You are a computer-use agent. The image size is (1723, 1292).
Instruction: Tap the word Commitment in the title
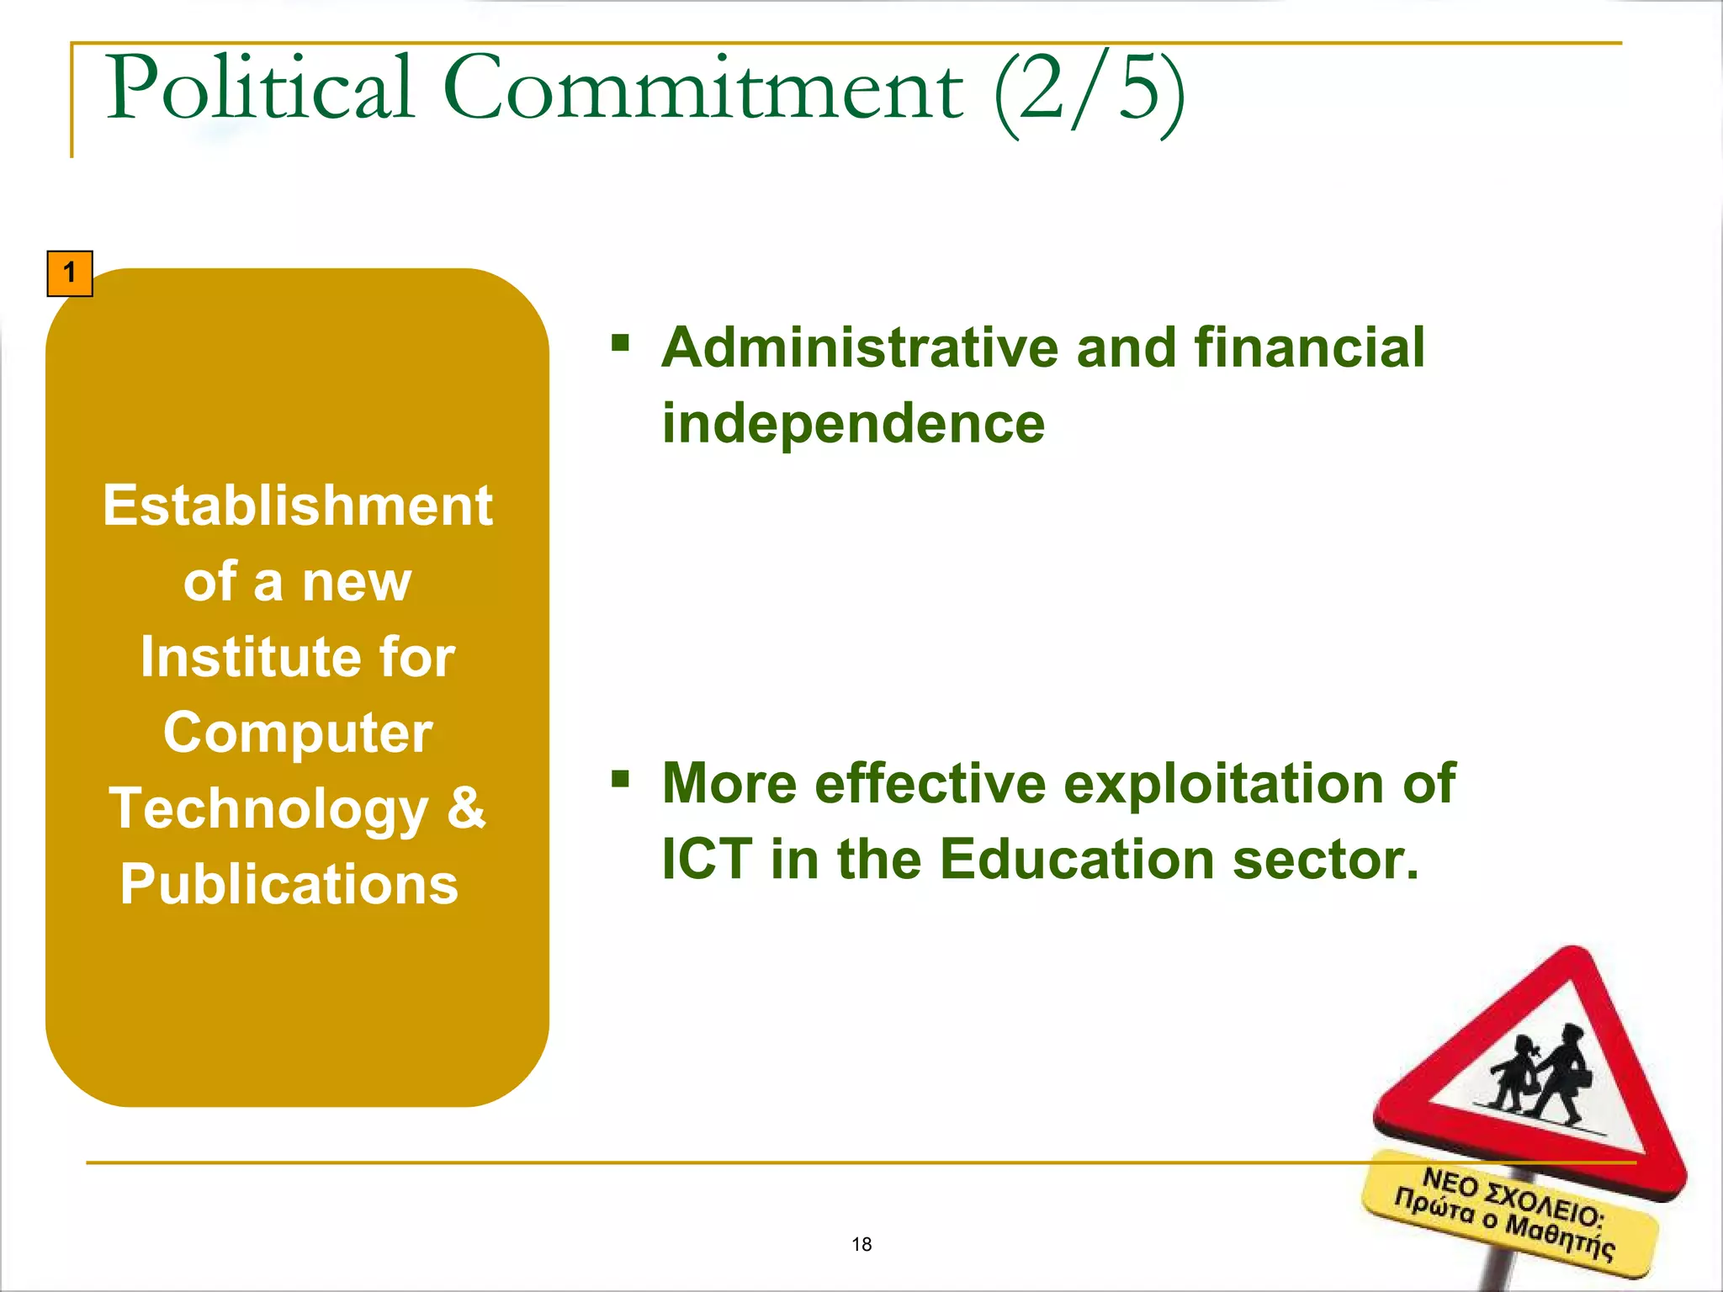702,88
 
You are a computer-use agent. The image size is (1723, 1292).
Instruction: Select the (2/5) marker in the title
1089,91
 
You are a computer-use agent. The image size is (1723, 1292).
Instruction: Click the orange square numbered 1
70,273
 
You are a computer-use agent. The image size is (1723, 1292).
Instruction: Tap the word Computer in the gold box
298,733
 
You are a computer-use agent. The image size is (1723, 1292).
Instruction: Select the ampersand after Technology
466,807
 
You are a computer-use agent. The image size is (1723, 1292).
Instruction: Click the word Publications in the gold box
289,884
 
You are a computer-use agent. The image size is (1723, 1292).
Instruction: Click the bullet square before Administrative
621,342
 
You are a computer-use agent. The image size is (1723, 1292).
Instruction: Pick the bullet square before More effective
621,778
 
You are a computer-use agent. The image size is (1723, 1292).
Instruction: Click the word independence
853,423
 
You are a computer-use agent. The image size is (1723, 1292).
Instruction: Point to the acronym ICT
707,860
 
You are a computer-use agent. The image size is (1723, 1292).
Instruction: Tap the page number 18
861,1244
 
